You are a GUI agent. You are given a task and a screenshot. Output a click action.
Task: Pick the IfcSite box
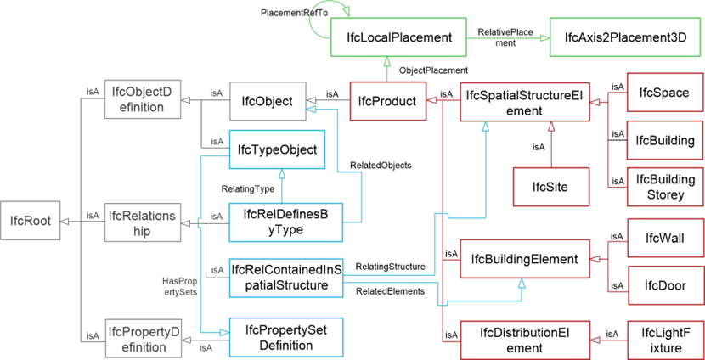550,185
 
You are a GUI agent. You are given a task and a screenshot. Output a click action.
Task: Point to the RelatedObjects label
380,166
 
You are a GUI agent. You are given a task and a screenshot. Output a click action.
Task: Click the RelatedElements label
390,291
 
